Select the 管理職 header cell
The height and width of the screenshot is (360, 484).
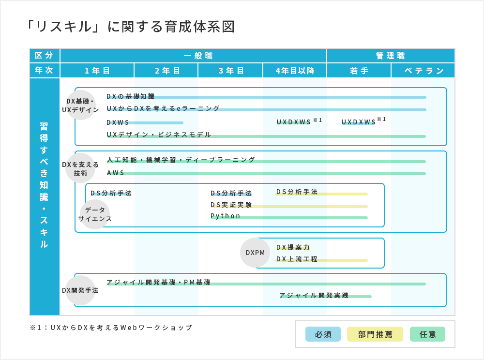[x=391, y=56]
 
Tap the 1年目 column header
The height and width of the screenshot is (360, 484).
[x=97, y=71]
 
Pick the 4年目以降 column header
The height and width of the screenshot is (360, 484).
[x=295, y=71]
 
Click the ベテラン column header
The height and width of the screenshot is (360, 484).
[x=423, y=71]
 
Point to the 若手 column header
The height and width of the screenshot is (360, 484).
[x=359, y=71]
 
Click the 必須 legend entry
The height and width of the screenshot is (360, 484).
[x=323, y=334]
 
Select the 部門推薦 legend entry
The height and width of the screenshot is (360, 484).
[x=375, y=334]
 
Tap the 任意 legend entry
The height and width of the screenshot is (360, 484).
[x=427, y=334]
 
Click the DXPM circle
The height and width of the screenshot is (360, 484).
[x=255, y=253]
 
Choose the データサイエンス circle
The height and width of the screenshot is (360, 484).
[x=95, y=214]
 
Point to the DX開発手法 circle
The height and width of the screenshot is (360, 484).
[x=80, y=290]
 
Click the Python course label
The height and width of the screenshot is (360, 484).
[x=226, y=216]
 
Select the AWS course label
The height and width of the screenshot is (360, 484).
[x=116, y=173]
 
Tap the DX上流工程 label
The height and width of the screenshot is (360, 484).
[x=297, y=259]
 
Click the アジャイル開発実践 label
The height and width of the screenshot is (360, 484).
[x=314, y=295]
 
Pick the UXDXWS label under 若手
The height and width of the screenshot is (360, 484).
[x=359, y=122]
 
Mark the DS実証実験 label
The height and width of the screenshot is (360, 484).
[x=231, y=205]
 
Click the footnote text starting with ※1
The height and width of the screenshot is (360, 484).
[x=111, y=328]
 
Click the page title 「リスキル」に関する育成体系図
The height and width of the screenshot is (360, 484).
[x=129, y=27]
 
